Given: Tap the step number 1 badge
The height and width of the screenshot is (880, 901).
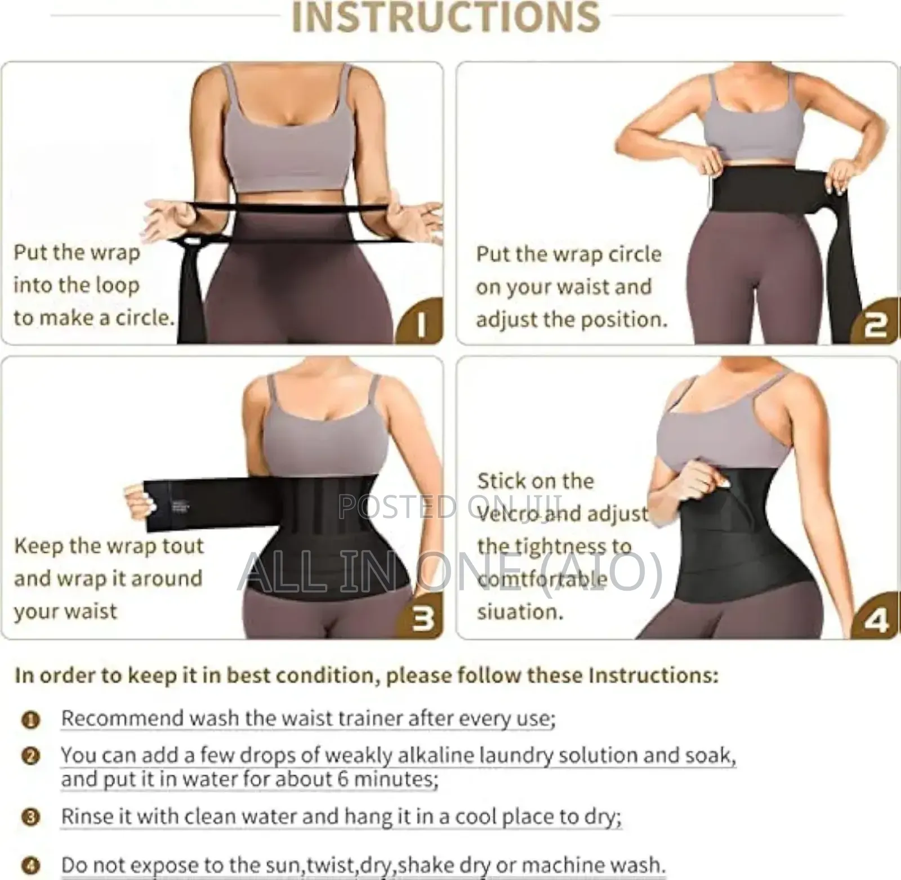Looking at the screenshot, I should pyautogui.click(x=421, y=324).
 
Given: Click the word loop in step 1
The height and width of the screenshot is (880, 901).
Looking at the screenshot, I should pyautogui.click(x=115, y=286).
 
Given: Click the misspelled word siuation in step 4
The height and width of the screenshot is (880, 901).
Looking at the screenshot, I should pyautogui.click(x=520, y=612).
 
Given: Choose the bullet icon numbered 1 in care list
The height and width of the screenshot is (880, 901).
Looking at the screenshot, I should pyautogui.click(x=31, y=720).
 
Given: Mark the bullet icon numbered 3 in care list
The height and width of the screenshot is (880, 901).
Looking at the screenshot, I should pyautogui.click(x=31, y=817).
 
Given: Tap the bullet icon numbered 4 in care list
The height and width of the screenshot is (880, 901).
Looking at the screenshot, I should pyautogui.click(x=31, y=864).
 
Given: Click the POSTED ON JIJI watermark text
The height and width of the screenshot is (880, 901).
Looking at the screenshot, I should pyautogui.click(x=450, y=507).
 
